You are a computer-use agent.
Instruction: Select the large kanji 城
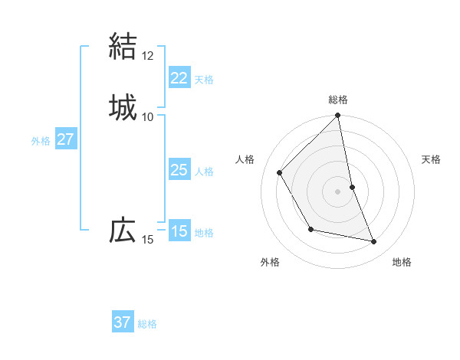(x=123, y=106)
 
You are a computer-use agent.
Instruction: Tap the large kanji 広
(x=123, y=230)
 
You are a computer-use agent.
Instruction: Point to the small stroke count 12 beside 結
(x=147, y=56)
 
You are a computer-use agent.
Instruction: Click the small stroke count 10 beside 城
(x=147, y=116)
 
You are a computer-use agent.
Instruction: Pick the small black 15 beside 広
(x=147, y=241)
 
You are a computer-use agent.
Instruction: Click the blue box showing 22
(x=179, y=78)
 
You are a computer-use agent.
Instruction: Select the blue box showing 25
(x=179, y=170)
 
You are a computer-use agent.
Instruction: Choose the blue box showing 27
(x=66, y=139)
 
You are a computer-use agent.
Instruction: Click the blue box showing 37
(x=123, y=322)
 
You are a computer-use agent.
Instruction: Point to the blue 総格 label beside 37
(x=147, y=324)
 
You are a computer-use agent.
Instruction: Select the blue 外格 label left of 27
(x=41, y=141)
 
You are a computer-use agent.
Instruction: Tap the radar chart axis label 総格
(x=338, y=100)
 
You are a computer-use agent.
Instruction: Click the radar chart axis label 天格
(x=431, y=159)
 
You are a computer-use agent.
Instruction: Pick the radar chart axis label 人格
(x=245, y=159)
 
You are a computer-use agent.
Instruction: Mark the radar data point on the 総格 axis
(x=338, y=116)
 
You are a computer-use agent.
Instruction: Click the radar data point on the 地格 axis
(x=374, y=241)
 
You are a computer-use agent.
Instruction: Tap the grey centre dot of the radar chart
(x=338, y=191)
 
